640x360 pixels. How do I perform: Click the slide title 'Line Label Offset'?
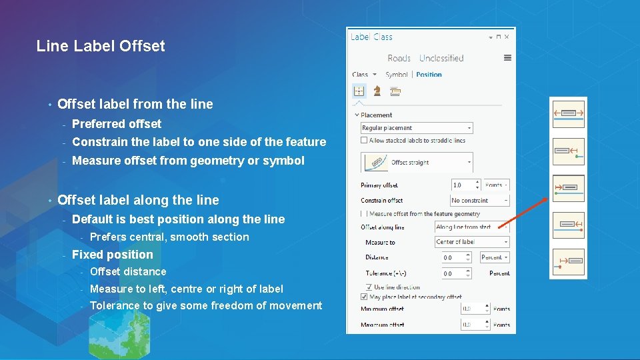click(101, 46)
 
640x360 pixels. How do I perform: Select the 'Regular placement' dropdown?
click(416, 128)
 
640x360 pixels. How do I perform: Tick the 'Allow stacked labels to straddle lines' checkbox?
click(363, 140)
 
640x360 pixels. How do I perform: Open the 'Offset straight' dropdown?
click(416, 162)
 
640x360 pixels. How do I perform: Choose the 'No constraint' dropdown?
click(479, 200)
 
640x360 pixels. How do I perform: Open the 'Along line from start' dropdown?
click(472, 227)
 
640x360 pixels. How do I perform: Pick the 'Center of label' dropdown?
click(472, 242)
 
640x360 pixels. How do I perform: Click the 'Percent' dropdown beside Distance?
click(495, 257)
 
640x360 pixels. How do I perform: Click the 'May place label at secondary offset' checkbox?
click(364, 297)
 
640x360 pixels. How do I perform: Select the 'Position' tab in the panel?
click(429, 75)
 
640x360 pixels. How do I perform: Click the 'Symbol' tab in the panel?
click(397, 75)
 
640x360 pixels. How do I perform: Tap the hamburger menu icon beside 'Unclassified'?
click(507, 58)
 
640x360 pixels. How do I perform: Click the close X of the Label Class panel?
click(507, 37)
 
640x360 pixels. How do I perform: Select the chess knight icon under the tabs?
click(377, 91)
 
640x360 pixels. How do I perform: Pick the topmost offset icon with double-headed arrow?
click(568, 113)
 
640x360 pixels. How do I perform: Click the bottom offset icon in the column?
click(568, 260)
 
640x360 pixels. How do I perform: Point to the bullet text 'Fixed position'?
click(112, 255)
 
